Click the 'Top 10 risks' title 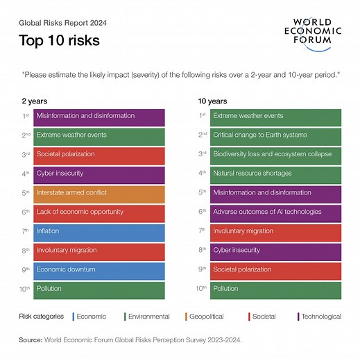coord(60,40)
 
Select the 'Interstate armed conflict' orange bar coord(99,193)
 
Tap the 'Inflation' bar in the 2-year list coord(99,231)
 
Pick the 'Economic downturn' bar coord(99,270)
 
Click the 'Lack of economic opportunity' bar coord(99,212)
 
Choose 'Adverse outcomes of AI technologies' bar coord(275,212)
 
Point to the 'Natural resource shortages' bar coord(275,174)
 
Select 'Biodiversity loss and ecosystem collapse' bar coord(275,154)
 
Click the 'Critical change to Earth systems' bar coord(275,135)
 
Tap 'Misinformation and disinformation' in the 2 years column coord(99,116)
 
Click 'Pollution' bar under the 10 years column coord(275,289)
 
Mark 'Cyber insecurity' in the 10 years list coord(275,251)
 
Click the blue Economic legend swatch coord(74,317)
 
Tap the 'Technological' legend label coord(320,317)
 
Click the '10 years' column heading coord(213,101)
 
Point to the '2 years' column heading coord(35,101)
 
